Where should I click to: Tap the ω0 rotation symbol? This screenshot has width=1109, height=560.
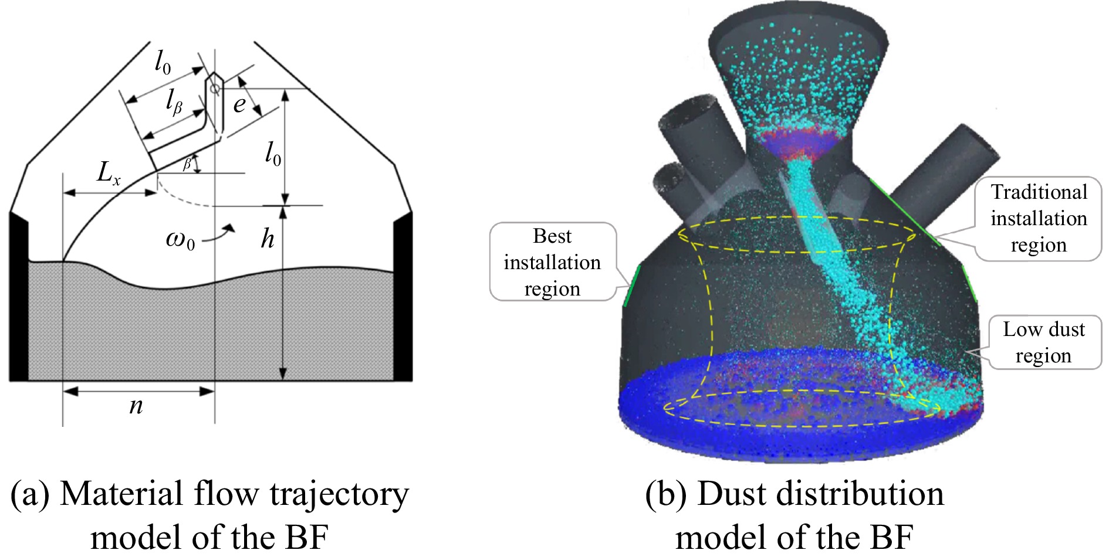click(180, 240)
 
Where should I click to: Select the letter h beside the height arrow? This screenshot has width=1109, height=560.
click(268, 239)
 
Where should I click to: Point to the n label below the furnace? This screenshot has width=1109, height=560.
click(136, 406)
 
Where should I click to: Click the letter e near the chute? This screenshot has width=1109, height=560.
click(239, 104)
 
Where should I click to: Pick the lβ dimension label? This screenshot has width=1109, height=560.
click(174, 103)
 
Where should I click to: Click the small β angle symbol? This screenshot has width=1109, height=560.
click(187, 164)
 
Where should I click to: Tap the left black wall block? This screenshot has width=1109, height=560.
click(19, 296)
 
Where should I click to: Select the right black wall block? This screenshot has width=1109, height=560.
click(403, 296)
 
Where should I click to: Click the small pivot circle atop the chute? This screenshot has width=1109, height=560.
click(215, 89)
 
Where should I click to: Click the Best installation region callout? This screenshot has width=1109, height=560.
click(552, 262)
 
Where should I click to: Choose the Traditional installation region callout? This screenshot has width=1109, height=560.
click(1038, 218)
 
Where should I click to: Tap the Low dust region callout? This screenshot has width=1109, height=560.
click(1044, 342)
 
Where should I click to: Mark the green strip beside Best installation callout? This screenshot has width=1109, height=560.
click(631, 285)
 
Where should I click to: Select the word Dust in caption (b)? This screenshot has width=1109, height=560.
click(733, 494)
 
